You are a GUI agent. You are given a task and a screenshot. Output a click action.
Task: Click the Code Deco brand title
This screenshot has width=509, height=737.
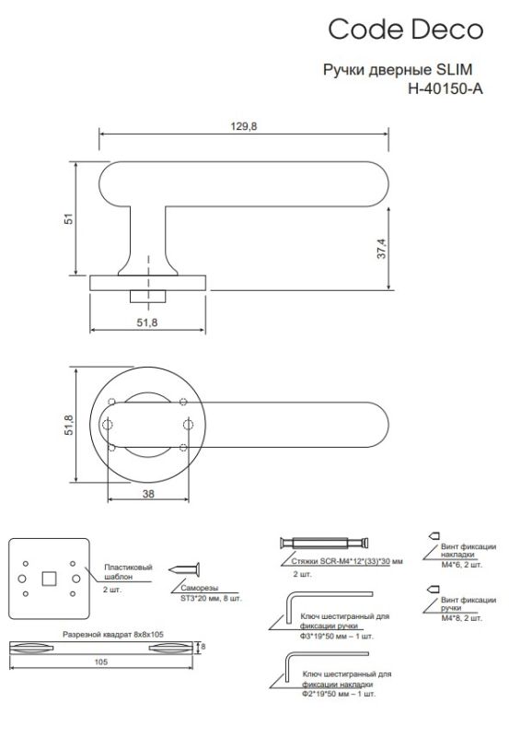(405, 29)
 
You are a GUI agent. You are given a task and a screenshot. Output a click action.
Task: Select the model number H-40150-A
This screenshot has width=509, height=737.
(445, 88)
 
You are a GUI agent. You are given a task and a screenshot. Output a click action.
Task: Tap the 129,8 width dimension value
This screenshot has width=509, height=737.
(244, 126)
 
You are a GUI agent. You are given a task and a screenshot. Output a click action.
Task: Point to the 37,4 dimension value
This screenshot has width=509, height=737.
(382, 249)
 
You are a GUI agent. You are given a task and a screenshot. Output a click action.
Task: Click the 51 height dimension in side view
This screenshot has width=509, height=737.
(69, 218)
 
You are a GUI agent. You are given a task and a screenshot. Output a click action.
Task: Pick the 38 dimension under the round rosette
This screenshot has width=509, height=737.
(148, 494)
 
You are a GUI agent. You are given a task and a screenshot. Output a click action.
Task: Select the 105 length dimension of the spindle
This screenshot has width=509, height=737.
(101, 661)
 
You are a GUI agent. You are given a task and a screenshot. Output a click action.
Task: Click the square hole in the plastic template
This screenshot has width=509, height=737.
(50, 579)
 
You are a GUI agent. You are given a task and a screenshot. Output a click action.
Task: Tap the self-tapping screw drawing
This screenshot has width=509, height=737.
(184, 569)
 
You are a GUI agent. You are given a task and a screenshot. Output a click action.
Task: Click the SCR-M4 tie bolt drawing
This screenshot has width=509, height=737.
(324, 543)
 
